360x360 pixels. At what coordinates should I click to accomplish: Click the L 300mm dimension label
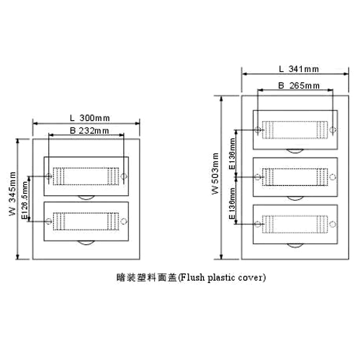[x=90, y=118]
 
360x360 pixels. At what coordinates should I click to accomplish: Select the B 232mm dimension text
[x=89, y=131]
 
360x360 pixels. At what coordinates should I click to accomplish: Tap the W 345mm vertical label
[x=12, y=194]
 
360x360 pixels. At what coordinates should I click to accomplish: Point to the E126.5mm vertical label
[x=24, y=200]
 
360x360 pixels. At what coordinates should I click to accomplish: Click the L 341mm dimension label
[x=299, y=69]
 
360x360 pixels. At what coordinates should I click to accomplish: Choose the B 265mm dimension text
[x=299, y=86]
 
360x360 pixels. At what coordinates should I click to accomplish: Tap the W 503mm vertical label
[x=215, y=174]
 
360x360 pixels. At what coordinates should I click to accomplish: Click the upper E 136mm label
[x=232, y=154]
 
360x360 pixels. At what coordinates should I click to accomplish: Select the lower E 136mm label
[x=232, y=203]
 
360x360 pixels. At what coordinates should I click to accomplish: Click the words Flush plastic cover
[x=222, y=278]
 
